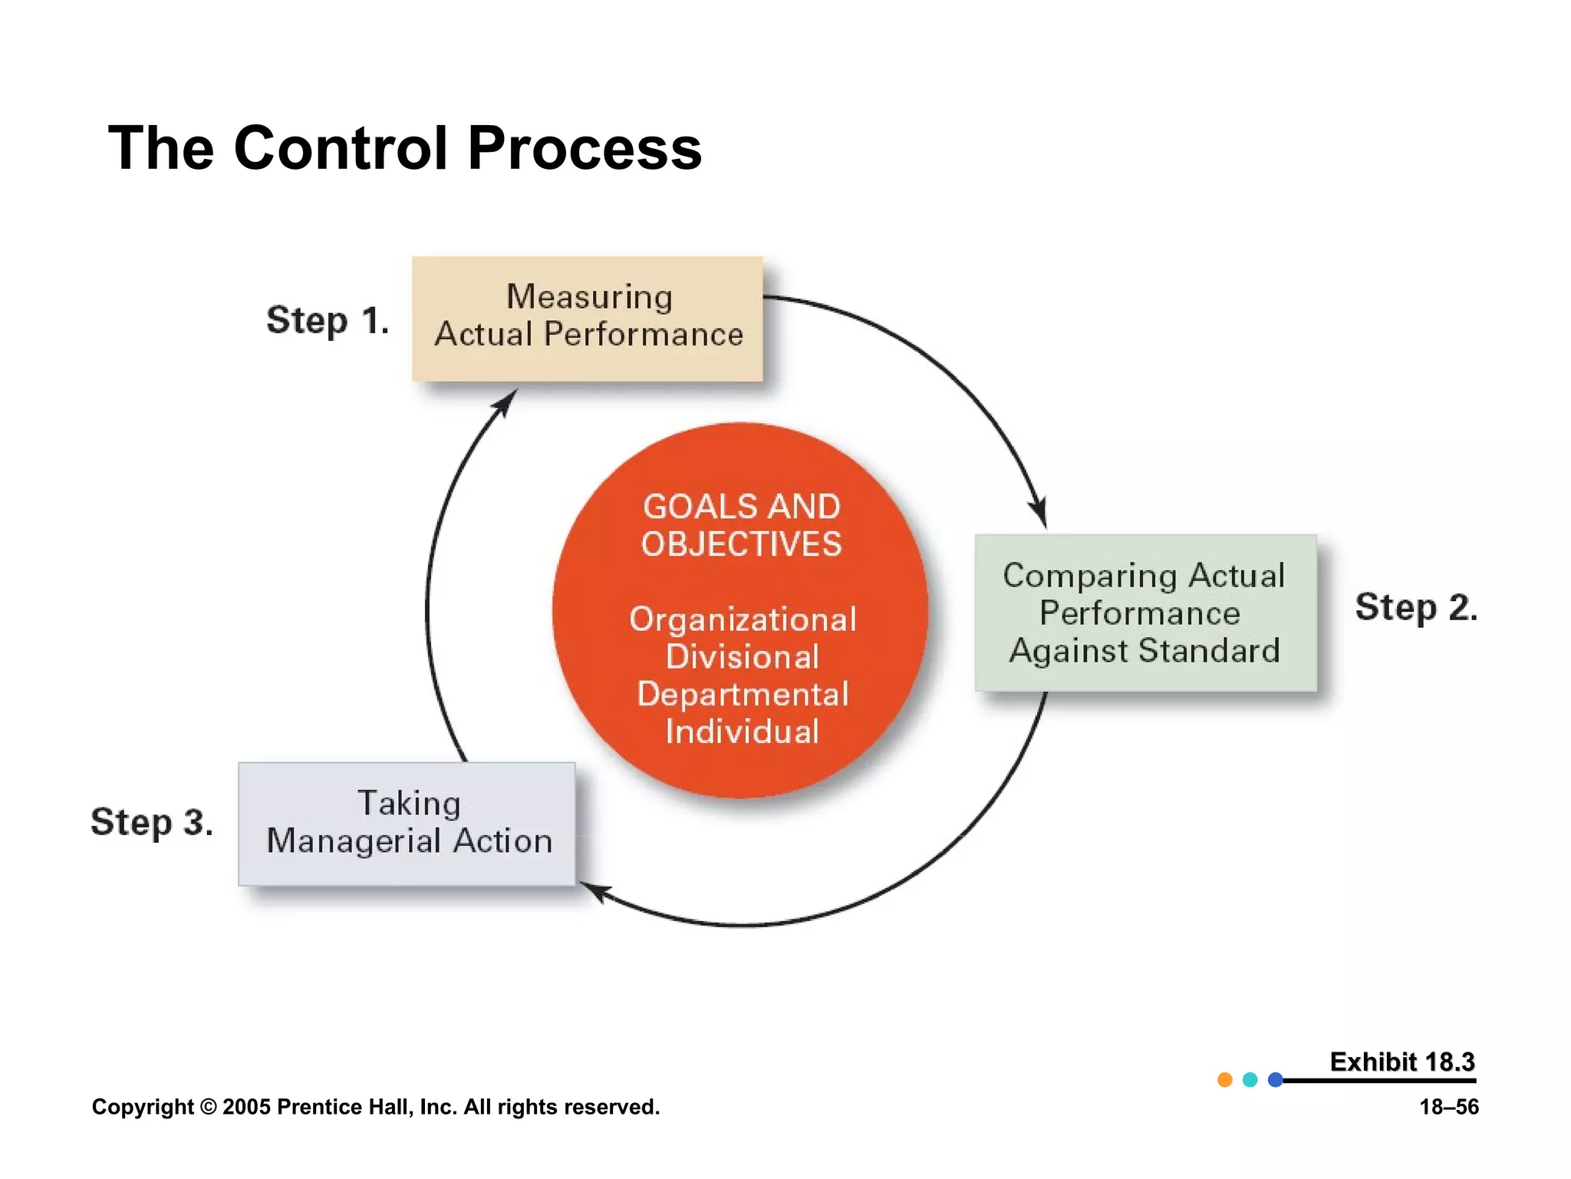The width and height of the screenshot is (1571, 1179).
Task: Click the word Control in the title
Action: tap(341, 148)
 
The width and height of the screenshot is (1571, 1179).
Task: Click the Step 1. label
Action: tap(328, 320)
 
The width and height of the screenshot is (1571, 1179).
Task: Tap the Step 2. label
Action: tap(1415, 607)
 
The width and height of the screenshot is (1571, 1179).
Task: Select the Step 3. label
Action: tap(152, 822)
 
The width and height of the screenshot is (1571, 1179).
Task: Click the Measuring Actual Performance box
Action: tap(588, 319)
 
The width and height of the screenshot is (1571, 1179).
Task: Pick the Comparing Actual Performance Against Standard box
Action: tap(1145, 613)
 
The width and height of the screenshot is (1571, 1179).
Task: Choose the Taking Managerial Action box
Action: tap(407, 824)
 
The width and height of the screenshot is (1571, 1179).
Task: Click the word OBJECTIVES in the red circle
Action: tap(741, 544)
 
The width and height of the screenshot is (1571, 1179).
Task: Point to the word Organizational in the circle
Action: tap(742, 619)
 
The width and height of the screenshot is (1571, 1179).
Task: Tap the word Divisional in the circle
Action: tap(742, 657)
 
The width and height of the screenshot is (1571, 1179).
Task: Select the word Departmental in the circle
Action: tap(742, 694)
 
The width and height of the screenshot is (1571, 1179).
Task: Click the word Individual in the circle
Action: tap(742, 732)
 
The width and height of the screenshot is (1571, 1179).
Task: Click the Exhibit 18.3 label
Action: tap(1401, 1062)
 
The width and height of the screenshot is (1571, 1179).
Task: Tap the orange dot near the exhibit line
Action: tap(1225, 1080)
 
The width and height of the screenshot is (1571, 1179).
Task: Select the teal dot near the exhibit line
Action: tap(1250, 1080)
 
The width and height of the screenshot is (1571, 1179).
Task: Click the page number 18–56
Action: tap(1448, 1107)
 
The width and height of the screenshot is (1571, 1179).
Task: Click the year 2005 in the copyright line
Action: tap(246, 1107)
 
